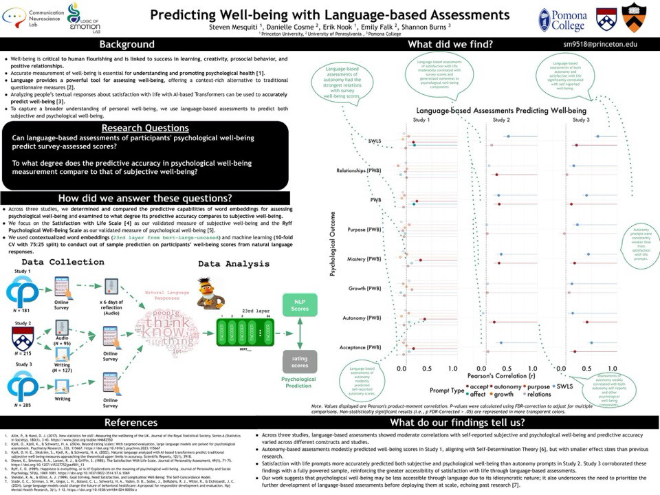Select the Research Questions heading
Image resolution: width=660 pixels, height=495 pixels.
click(x=144, y=128)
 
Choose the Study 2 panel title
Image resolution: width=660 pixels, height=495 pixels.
click(x=502, y=119)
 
